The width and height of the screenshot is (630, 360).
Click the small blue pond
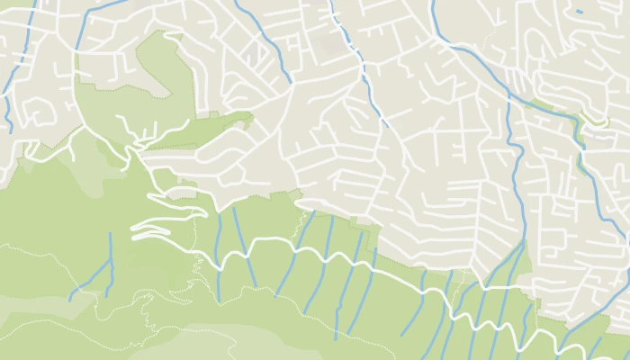(579, 12)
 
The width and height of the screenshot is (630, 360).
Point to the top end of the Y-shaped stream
(110, 234)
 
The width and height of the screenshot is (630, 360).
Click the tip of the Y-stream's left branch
(70, 298)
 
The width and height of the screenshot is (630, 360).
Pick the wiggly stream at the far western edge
(6, 99)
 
